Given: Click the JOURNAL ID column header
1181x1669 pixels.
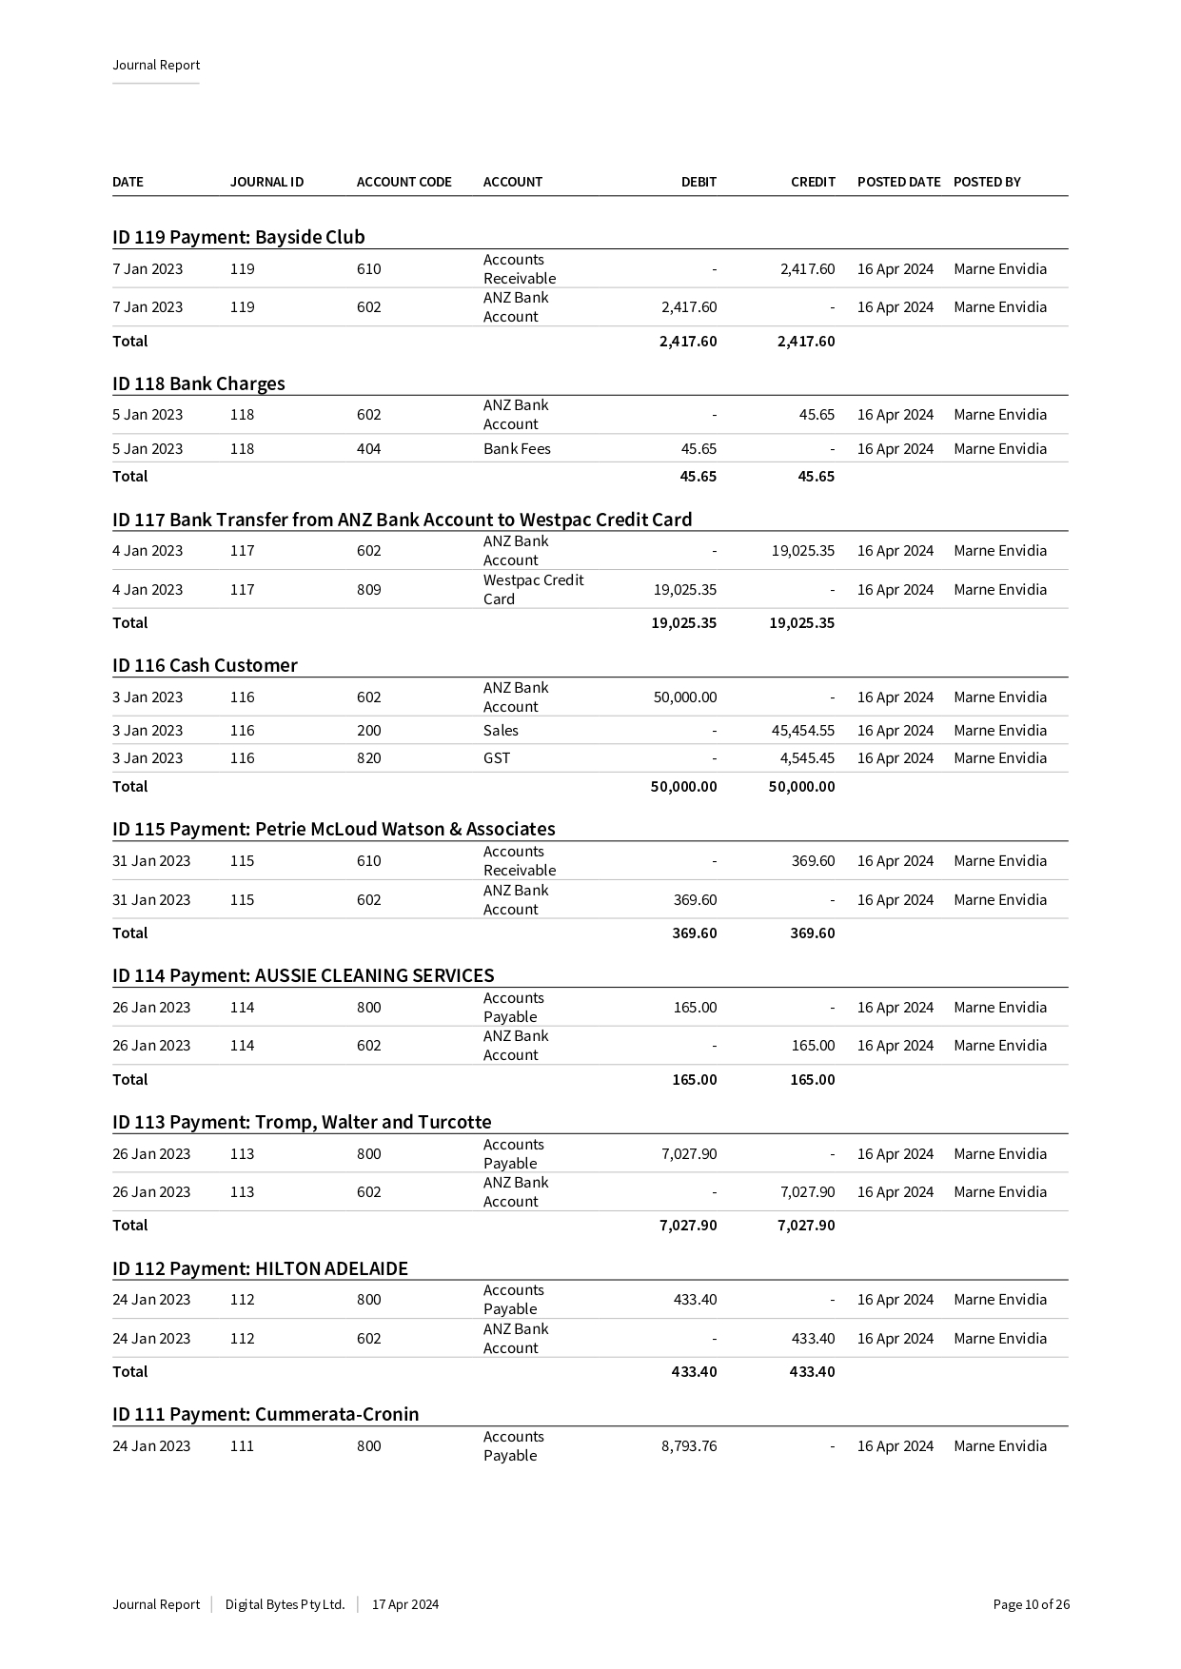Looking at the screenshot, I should click(x=266, y=182).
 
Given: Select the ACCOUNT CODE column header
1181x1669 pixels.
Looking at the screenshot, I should click(x=404, y=182).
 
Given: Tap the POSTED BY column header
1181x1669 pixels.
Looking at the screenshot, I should click(x=986, y=182).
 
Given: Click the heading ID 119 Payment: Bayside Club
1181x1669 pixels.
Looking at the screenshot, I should click(x=238, y=237).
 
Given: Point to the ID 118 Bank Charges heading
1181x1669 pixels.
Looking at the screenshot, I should click(x=198, y=383).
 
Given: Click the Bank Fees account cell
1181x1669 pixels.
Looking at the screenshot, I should click(x=517, y=449).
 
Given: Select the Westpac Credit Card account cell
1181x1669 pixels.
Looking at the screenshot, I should click(x=533, y=589).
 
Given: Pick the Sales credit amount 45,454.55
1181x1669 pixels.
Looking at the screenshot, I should click(x=802, y=731).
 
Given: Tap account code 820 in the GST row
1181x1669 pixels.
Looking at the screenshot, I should click(x=368, y=758).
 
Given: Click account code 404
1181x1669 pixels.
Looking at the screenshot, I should click(x=368, y=449).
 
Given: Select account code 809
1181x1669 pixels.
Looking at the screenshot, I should click(x=368, y=590).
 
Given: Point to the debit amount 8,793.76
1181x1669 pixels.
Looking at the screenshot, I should click(x=689, y=1446).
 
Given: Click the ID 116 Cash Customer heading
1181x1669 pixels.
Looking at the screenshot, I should click(x=205, y=665).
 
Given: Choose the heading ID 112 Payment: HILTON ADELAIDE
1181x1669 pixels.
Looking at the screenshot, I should click(x=260, y=1268).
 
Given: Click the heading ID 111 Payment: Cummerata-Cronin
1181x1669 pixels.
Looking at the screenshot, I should click(x=266, y=1414).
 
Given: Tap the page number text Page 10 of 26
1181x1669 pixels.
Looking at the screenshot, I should click(x=1031, y=1604).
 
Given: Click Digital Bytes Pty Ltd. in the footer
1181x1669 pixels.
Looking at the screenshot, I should click(x=285, y=1604).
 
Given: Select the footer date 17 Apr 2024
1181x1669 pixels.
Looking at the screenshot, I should click(x=405, y=1604).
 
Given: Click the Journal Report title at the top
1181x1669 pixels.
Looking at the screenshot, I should click(x=156, y=65).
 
